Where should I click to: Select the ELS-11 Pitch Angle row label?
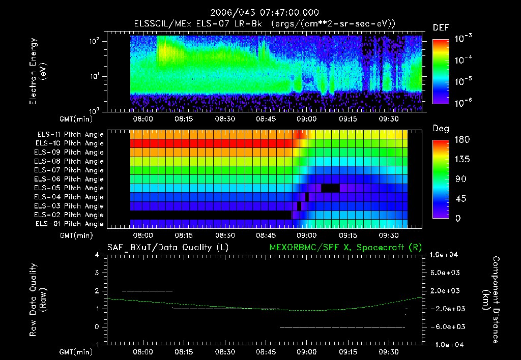coord(70,135)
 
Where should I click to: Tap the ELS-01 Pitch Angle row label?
coord(70,224)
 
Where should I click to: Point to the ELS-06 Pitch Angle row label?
coord(70,179)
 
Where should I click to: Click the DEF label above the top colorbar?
coord(441,28)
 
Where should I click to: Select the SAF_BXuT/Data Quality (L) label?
coord(160,248)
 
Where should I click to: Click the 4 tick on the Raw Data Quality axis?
coord(97,255)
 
